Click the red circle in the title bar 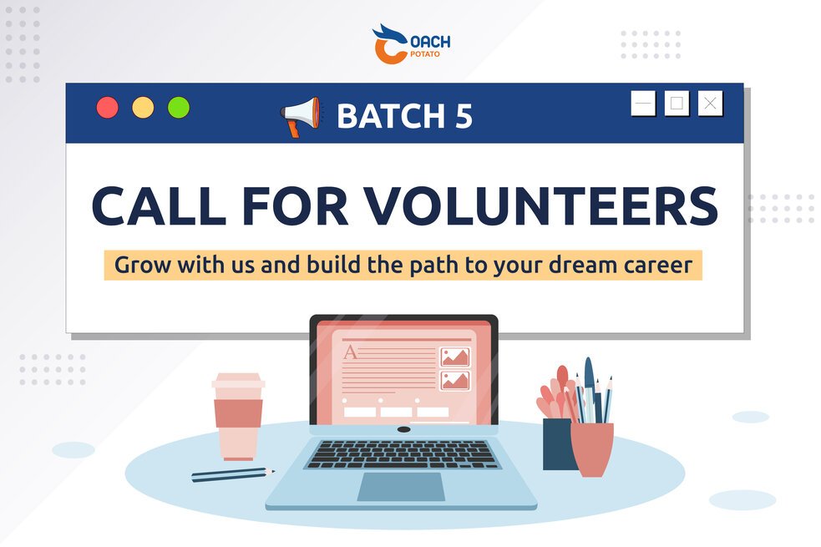108,107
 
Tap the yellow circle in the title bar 143,107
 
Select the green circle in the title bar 179,107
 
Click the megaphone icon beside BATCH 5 301,116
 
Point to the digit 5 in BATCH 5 464,116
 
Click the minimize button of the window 643,103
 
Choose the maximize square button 677,103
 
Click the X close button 710,103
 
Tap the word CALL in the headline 159,205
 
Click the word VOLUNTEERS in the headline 541,205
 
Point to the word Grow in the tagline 143,266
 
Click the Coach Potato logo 411,44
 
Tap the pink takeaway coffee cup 238,416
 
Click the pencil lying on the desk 233,474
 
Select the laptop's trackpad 402,487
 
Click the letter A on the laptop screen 350,352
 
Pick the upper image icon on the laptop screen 455,357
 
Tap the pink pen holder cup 591,449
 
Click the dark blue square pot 558,444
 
